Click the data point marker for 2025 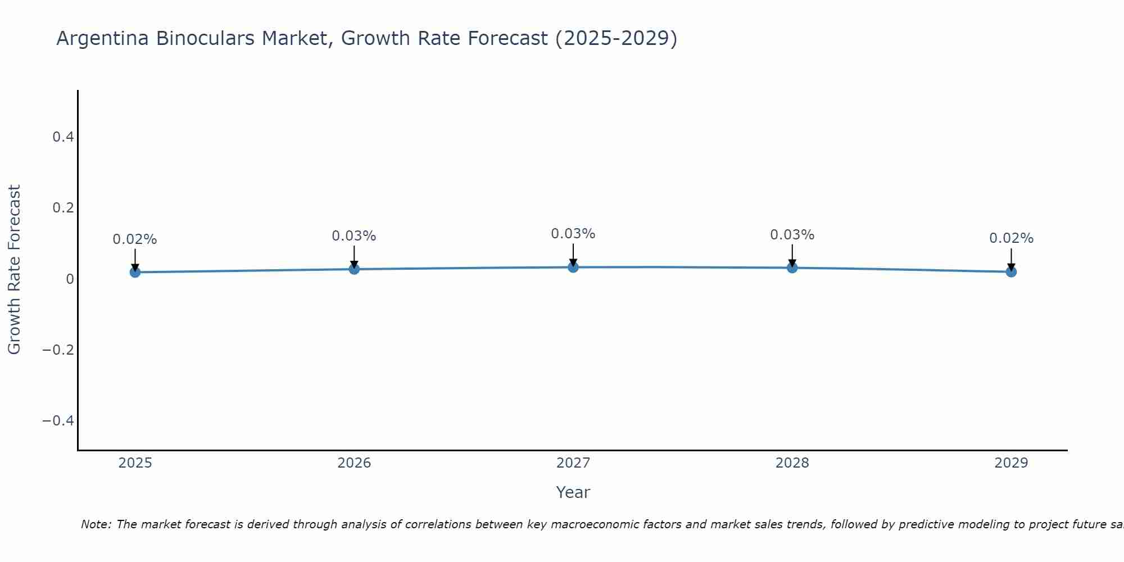pyautogui.click(x=135, y=272)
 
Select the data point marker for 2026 pyautogui.click(x=354, y=269)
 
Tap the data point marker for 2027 pyautogui.click(x=573, y=267)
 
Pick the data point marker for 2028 pyautogui.click(x=792, y=268)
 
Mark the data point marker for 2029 pyautogui.click(x=1011, y=272)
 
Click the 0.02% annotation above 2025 pyautogui.click(x=135, y=239)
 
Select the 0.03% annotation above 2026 pyautogui.click(x=354, y=236)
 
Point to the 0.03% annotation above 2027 pyautogui.click(x=573, y=234)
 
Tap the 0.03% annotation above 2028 pyautogui.click(x=792, y=235)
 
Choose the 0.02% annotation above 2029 pyautogui.click(x=1011, y=238)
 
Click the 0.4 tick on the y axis pyautogui.click(x=63, y=137)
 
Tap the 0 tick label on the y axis pyautogui.click(x=70, y=279)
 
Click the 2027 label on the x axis pyautogui.click(x=573, y=463)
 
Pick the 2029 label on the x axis pyautogui.click(x=1011, y=463)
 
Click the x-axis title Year pyautogui.click(x=573, y=492)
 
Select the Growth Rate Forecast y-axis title pyautogui.click(x=14, y=270)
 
